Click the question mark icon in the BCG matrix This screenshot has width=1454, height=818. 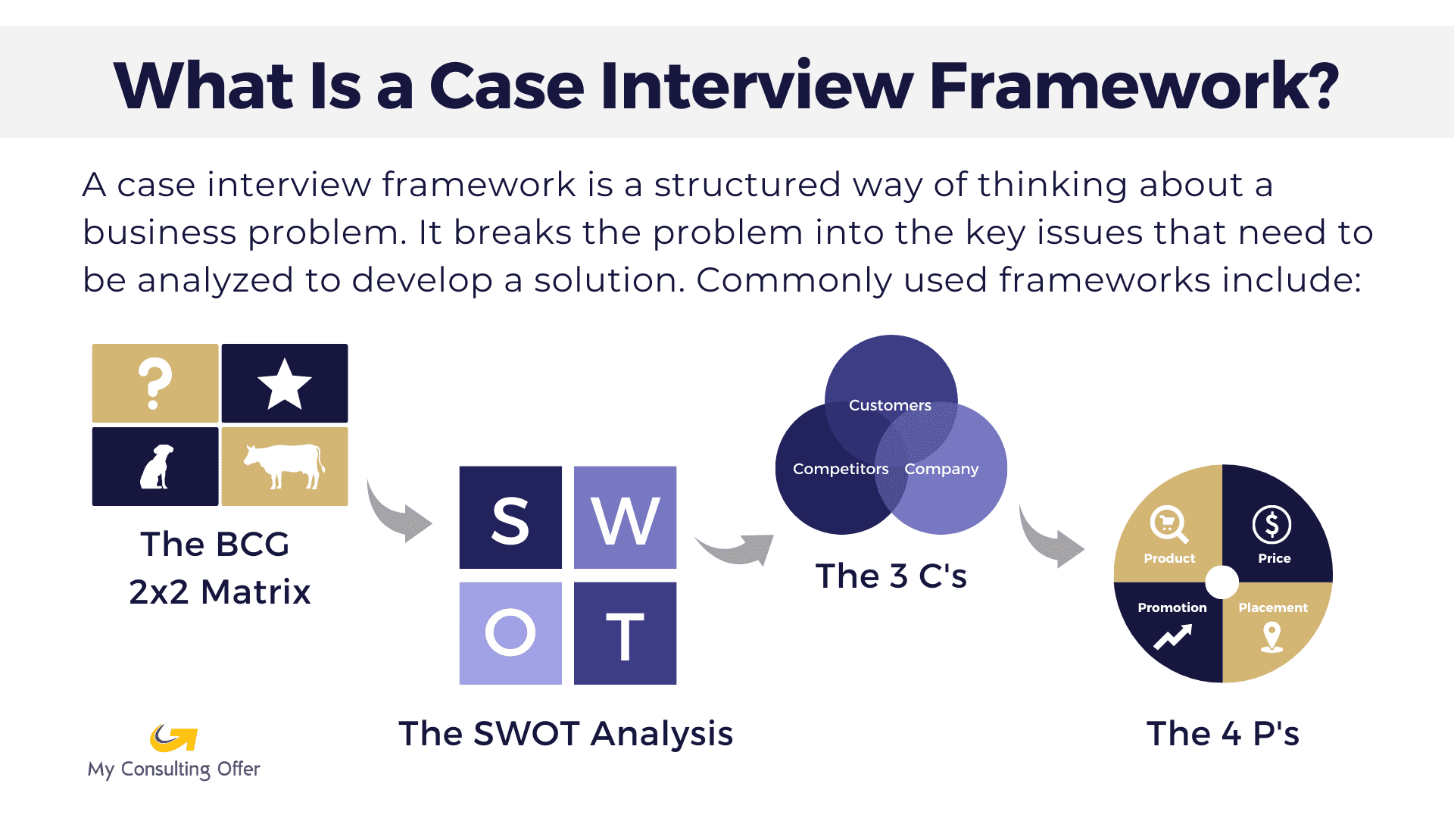click(x=154, y=383)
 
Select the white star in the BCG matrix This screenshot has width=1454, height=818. click(x=285, y=383)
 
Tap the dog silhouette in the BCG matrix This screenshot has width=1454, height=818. click(x=157, y=467)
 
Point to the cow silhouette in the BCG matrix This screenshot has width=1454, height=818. click(x=283, y=464)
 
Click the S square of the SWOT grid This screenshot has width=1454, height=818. click(x=510, y=518)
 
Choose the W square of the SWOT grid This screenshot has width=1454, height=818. click(x=625, y=518)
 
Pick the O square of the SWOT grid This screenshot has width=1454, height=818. click(x=510, y=633)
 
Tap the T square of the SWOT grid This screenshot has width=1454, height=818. click(x=625, y=633)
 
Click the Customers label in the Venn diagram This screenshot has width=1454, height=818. click(x=890, y=405)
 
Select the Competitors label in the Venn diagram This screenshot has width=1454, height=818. click(x=841, y=469)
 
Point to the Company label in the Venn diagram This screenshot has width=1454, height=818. click(x=941, y=469)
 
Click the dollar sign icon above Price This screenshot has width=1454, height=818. click(x=1271, y=524)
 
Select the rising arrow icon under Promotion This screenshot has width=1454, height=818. click(x=1172, y=637)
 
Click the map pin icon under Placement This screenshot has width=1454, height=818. click(x=1271, y=637)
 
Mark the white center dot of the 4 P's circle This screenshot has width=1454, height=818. click(x=1222, y=582)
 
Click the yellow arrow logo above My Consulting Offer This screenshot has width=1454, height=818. click(x=173, y=738)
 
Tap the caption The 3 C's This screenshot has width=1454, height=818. click(x=891, y=576)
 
